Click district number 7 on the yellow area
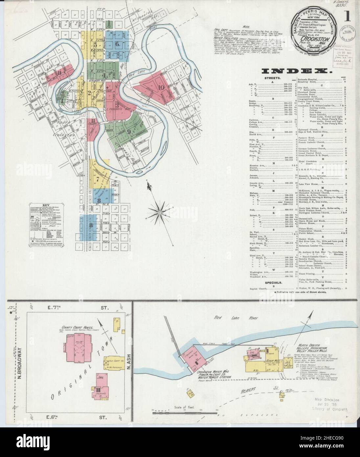(x=98, y=179)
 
